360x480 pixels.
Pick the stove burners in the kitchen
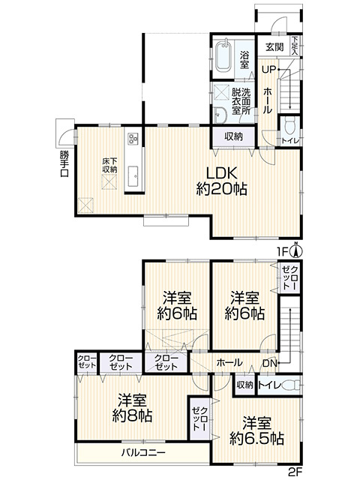point(133,139)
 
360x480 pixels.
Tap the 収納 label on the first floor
point(233,136)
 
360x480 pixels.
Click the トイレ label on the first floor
point(288,140)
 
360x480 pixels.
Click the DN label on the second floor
point(271,364)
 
